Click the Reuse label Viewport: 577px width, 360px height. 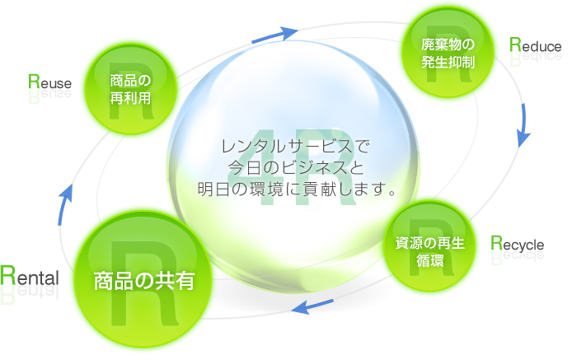(49, 82)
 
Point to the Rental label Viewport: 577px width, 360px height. (30, 277)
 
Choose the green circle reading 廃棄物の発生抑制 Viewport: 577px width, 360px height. (446, 53)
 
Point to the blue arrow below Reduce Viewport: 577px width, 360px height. (522, 124)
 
